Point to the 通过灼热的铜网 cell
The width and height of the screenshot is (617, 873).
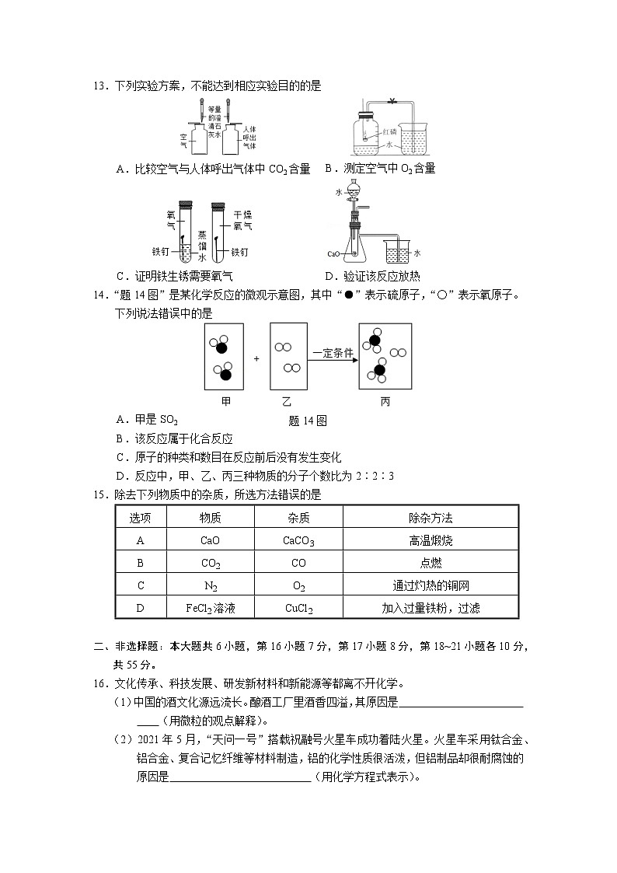pos(430,586)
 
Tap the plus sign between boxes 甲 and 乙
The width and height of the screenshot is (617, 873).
pos(256,359)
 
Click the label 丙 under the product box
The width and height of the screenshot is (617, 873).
pos(385,402)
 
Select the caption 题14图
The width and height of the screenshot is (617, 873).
pos(307,421)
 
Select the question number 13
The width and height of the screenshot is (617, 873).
pos(99,86)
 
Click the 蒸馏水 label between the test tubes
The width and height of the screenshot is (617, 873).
pos(202,245)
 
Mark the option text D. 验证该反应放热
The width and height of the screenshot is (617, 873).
pos(373,276)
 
